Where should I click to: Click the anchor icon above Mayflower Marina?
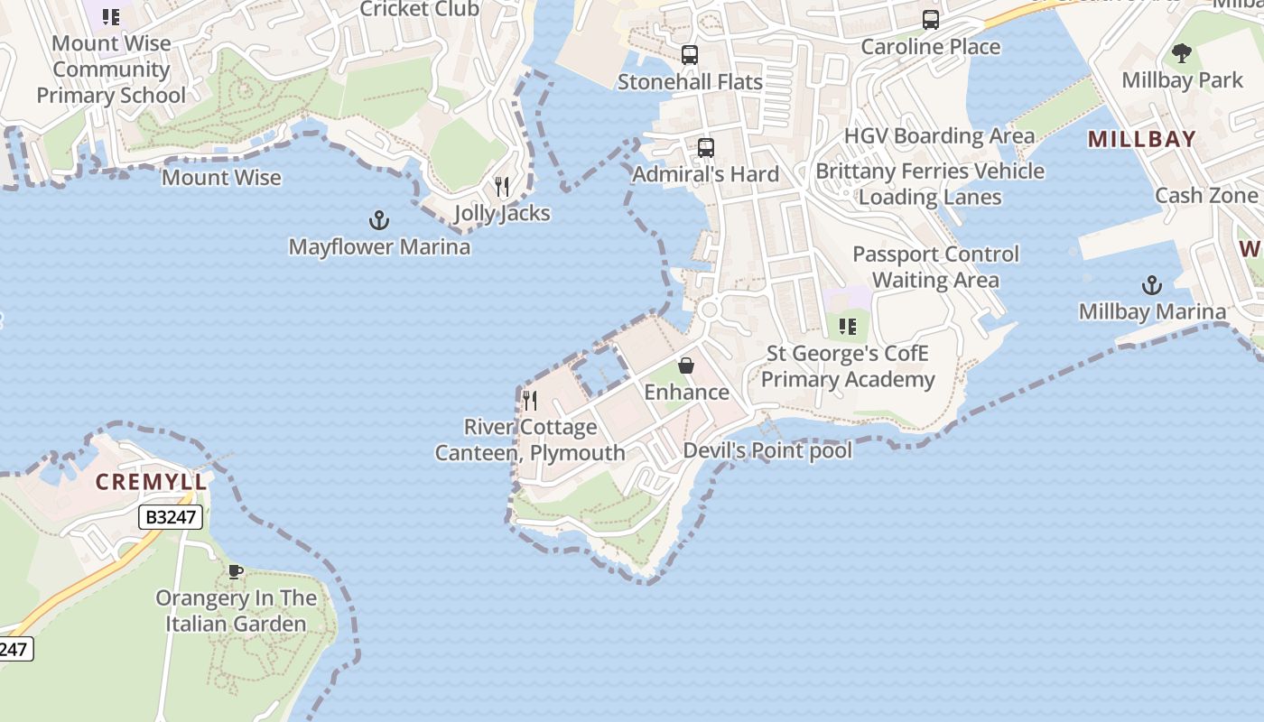[x=379, y=220]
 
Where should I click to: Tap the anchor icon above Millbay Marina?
[x=1151, y=286]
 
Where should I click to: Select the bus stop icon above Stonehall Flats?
[x=690, y=55]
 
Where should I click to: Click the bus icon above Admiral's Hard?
[x=706, y=148]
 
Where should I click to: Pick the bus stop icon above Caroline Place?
[x=931, y=20]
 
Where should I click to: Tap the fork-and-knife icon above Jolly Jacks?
[x=502, y=187]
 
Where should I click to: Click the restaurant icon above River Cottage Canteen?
[x=530, y=401]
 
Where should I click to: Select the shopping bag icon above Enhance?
[x=686, y=366]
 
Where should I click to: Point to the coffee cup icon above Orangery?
[x=236, y=571]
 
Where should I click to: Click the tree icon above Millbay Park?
[x=1182, y=53]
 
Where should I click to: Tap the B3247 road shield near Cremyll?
[x=171, y=517]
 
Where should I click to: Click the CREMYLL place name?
[x=152, y=482]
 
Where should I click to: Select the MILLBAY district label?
[x=1141, y=140]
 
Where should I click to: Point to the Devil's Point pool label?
[x=767, y=450]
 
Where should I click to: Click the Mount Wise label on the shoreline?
[x=221, y=178]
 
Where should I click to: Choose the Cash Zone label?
[x=1206, y=196]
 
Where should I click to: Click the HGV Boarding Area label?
[x=939, y=136]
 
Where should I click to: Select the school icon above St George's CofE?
[x=847, y=326]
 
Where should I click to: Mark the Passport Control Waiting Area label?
[x=935, y=267]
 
